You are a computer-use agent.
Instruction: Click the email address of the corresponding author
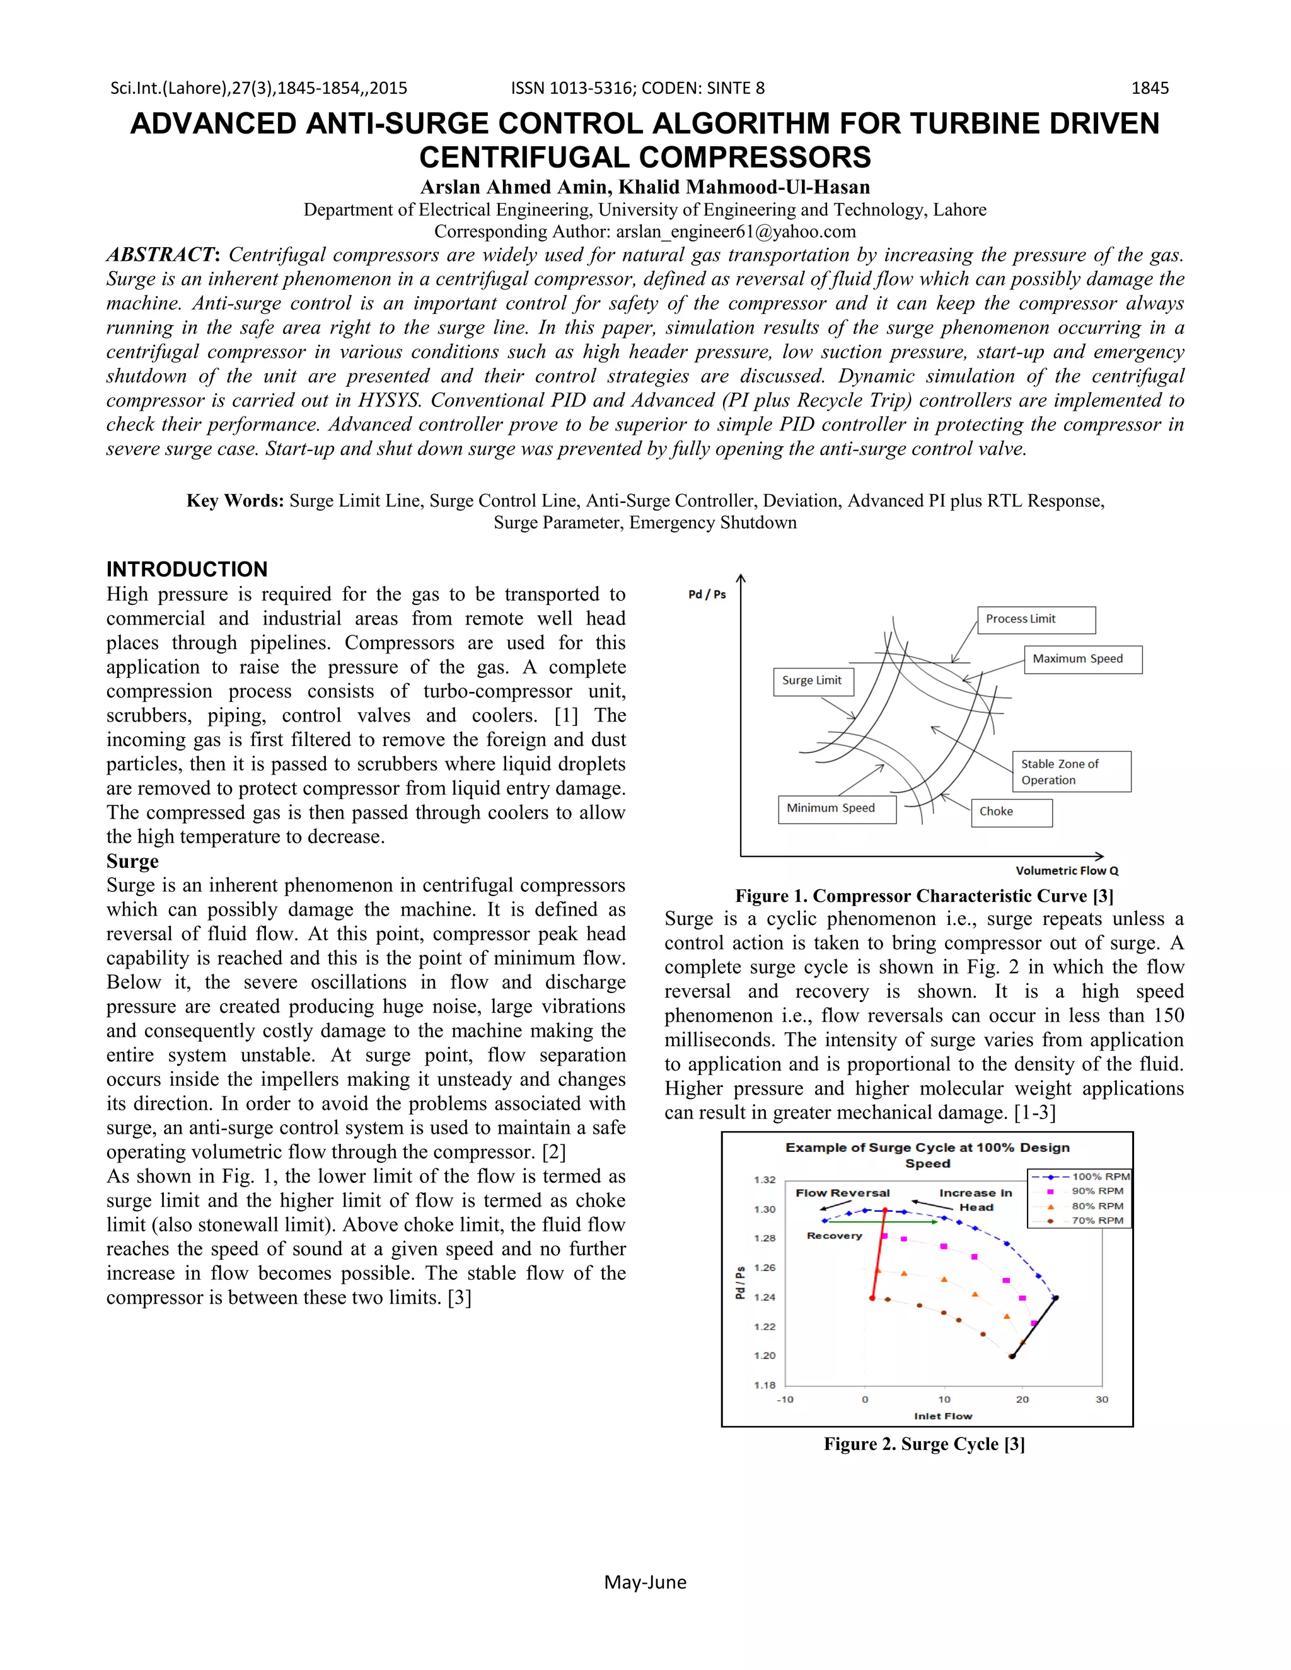click(735, 232)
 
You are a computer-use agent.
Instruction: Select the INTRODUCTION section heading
click(187, 569)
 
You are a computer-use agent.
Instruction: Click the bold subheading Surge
click(132, 861)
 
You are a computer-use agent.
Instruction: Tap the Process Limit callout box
click(1036, 619)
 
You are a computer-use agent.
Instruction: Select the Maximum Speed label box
click(1082, 659)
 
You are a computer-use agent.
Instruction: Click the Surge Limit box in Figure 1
click(811, 681)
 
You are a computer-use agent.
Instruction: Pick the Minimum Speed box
click(836, 809)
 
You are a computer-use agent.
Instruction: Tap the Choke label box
click(1010, 812)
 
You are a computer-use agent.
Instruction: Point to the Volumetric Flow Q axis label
click(1066, 871)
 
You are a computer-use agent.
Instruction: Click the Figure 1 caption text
click(924, 896)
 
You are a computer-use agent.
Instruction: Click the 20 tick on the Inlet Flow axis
click(1022, 1400)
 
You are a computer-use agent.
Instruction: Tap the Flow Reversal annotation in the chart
click(842, 1193)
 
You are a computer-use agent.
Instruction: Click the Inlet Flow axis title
click(942, 1416)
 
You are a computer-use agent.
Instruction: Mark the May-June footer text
click(645, 1582)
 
